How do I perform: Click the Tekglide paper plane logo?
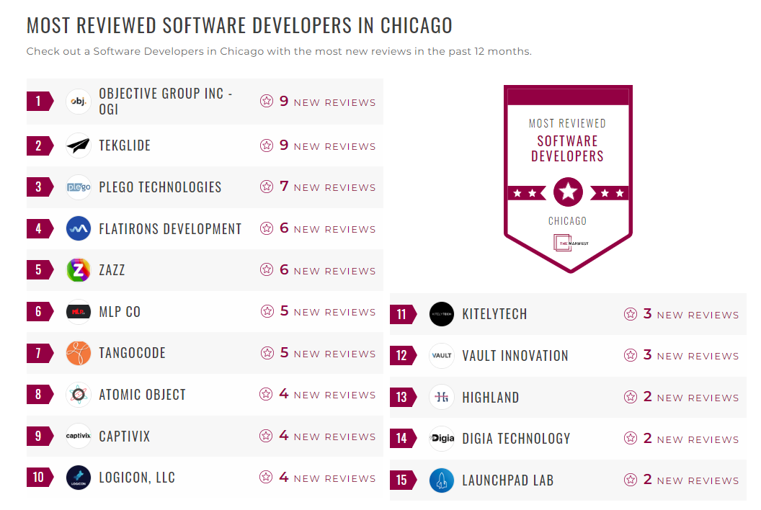79,146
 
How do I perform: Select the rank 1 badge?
40,101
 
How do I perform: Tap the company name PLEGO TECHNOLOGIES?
160,187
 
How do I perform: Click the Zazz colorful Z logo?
79,270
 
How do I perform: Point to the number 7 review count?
284,187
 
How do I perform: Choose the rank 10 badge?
40,477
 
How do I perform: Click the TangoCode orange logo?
79,353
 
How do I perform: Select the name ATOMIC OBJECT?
142,395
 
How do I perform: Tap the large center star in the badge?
568,192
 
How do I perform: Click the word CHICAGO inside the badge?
568,221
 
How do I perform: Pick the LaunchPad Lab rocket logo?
442,480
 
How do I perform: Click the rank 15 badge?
403,480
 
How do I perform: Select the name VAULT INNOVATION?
515,356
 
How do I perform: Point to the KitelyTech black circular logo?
442,314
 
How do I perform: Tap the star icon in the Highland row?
631,397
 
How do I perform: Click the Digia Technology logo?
442,439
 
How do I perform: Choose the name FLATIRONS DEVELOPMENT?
170,229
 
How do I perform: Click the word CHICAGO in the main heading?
416,25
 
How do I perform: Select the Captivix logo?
79,436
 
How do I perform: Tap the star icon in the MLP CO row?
267,311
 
